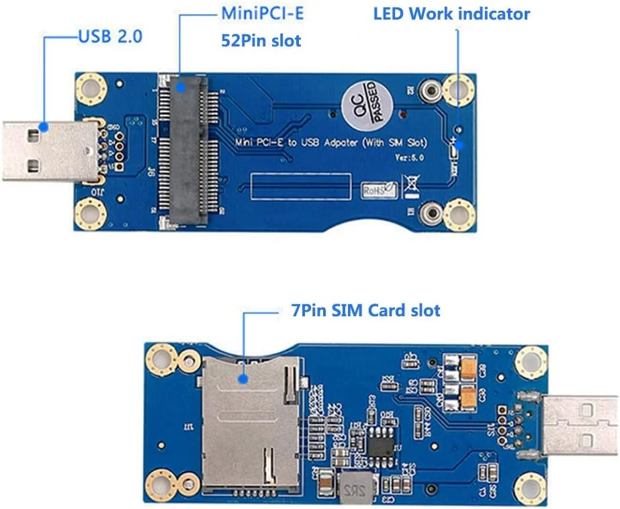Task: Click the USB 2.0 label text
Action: pos(110,36)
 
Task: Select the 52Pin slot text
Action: pos(261,41)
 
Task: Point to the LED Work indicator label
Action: pos(451,14)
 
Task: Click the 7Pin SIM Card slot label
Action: pos(361,310)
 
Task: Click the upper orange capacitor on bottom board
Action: pos(466,366)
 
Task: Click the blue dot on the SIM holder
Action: pos(242,379)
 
